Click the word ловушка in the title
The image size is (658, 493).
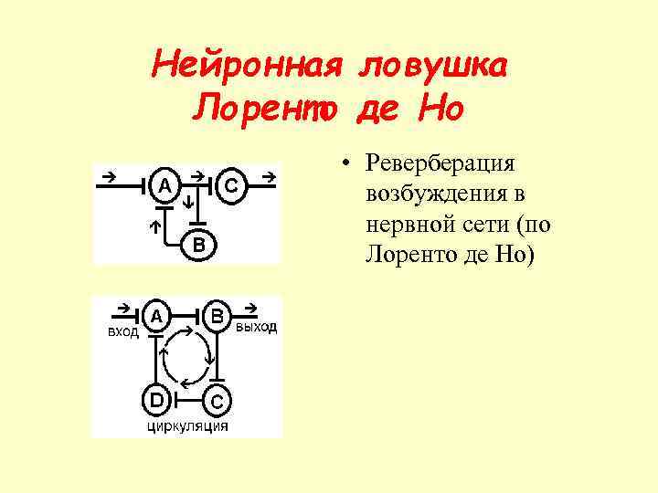tap(435, 66)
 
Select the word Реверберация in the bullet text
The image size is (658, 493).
tap(441, 164)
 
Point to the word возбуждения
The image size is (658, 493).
tap(445, 194)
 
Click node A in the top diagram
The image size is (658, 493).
tap(164, 185)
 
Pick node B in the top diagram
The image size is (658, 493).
tap(198, 244)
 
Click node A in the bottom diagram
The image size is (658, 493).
tap(157, 316)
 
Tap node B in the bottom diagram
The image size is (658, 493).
tap(218, 316)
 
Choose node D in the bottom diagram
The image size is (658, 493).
tap(157, 399)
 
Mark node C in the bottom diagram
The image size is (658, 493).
tap(218, 400)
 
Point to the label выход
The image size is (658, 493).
tap(256, 328)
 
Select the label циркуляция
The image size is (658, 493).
tap(188, 425)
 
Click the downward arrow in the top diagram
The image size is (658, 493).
tap(187, 202)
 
